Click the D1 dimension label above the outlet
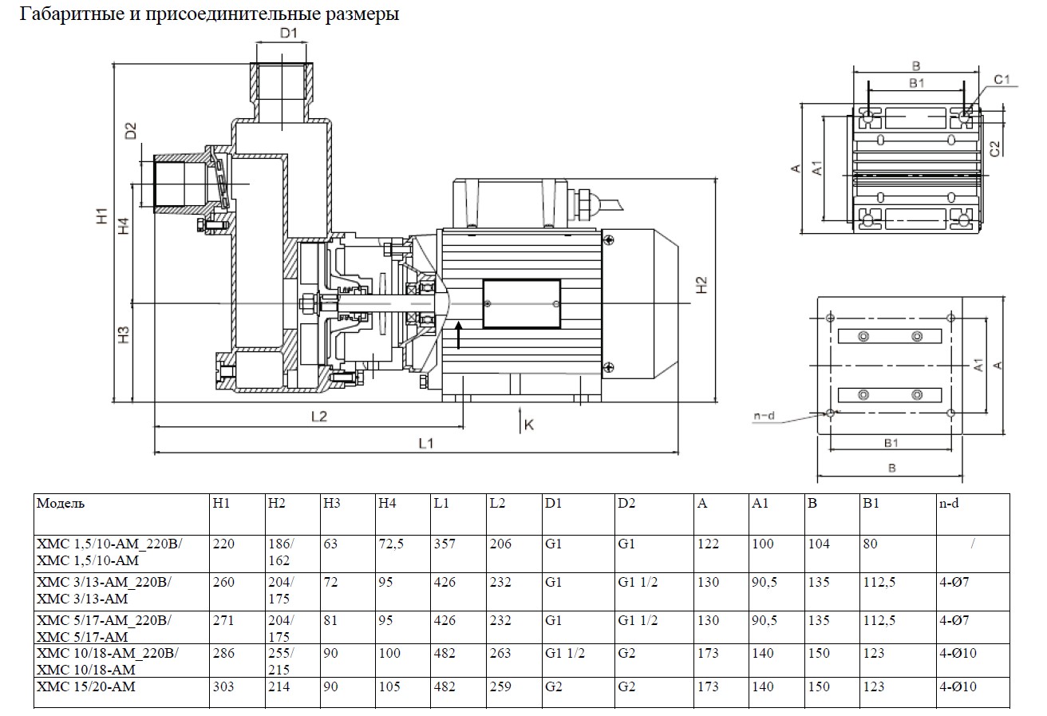tap(289, 33)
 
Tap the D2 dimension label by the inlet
tap(131, 130)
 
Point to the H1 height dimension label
tap(101, 216)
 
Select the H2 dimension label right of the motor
tap(701, 285)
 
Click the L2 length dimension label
tap(318, 417)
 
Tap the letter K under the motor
tap(528, 425)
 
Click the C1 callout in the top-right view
tap(1002, 78)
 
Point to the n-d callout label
tap(765, 416)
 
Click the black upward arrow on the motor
tap(459, 335)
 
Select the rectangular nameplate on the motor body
tap(522, 303)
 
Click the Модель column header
tap(61, 504)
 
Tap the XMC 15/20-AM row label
tap(86, 686)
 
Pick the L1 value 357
tap(444, 544)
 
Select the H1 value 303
tap(224, 686)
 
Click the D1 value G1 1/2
tap(563, 654)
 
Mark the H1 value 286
tap(224, 654)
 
